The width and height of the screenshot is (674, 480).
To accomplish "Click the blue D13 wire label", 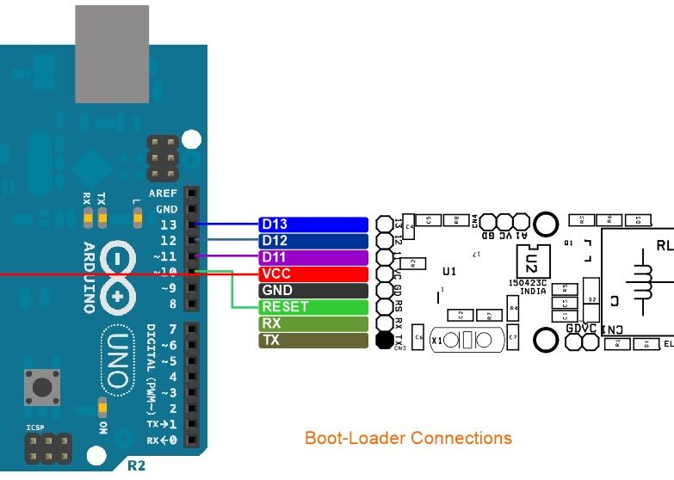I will point(313,225).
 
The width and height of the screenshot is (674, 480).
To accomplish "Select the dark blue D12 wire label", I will point(313,241).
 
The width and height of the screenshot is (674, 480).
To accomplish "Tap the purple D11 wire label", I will point(313,257).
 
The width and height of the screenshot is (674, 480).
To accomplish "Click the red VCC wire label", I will point(313,274).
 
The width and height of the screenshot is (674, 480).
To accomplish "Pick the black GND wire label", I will point(313,291).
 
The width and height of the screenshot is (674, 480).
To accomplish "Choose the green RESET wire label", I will point(313,307).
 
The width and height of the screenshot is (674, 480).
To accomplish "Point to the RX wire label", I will point(313,323).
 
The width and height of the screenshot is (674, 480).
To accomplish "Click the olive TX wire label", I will point(313,341).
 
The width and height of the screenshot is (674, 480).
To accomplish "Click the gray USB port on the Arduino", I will point(112,54).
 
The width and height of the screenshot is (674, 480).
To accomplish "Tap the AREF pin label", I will point(163,194).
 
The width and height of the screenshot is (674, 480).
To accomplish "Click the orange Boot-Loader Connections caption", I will point(408,438).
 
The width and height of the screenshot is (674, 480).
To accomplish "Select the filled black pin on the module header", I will point(384,341).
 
